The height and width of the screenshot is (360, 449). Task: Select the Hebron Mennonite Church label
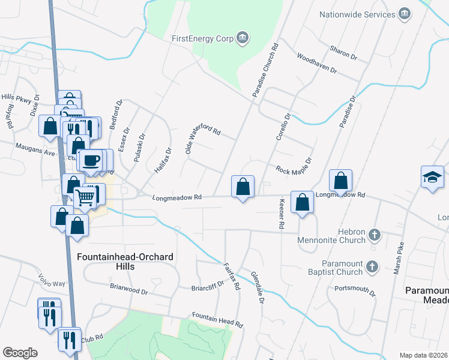[331, 236]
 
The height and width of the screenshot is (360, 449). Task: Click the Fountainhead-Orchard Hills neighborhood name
[125, 262]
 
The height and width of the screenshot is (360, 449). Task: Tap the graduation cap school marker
[432, 176]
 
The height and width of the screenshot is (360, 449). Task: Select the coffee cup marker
[91, 161]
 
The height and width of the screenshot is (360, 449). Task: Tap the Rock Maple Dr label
[294, 166]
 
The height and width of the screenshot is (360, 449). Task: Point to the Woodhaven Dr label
[317, 63]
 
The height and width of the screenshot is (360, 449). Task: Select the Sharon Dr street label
[343, 53]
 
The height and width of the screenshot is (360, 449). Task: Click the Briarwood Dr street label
[128, 289]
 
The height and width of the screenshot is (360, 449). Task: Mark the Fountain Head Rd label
[217, 319]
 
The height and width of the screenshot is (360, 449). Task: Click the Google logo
[20, 352]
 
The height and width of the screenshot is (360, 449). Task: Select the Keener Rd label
[280, 215]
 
